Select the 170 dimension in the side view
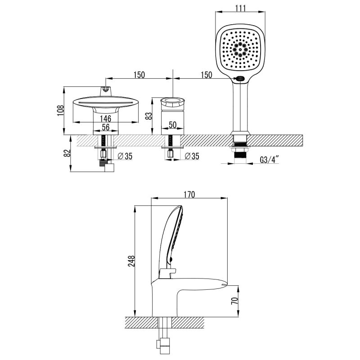click(189, 195)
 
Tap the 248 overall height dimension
click(131, 262)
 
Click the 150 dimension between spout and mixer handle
click(139, 75)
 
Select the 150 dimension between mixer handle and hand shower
click(206, 75)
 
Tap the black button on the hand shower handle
click(241, 80)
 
